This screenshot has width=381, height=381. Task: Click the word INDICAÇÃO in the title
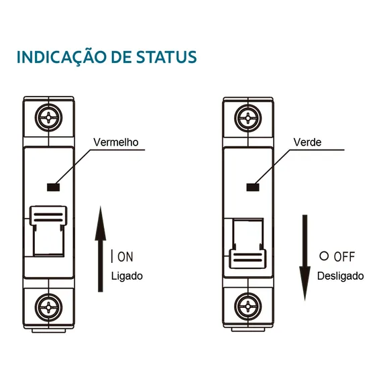(x=62, y=56)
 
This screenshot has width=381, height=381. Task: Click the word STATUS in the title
(x=166, y=57)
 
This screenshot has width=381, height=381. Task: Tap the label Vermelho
(x=116, y=142)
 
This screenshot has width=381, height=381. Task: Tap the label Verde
(x=307, y=142)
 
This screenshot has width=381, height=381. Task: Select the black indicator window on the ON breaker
(x=54, y=187)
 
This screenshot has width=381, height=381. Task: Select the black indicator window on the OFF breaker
(x=253, y=187)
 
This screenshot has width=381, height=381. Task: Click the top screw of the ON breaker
(x=48, y=117)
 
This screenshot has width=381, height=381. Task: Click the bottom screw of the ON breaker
(x=48, y=307)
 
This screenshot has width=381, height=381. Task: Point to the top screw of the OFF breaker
(x=248, y=118)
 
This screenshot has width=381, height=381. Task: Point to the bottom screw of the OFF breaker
(x=248, y=307)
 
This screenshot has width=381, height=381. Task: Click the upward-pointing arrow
(x=101, y=249)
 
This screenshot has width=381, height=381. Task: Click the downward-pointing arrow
(x=305, y=258)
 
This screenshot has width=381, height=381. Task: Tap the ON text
(x=125, y=257)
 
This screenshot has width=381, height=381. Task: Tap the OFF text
(x=344, y=257)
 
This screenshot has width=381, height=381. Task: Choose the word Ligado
(x=127, y=276)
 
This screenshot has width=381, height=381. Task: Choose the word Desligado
(x=341, y=276)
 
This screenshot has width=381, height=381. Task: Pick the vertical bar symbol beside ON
(x=112, y=256)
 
